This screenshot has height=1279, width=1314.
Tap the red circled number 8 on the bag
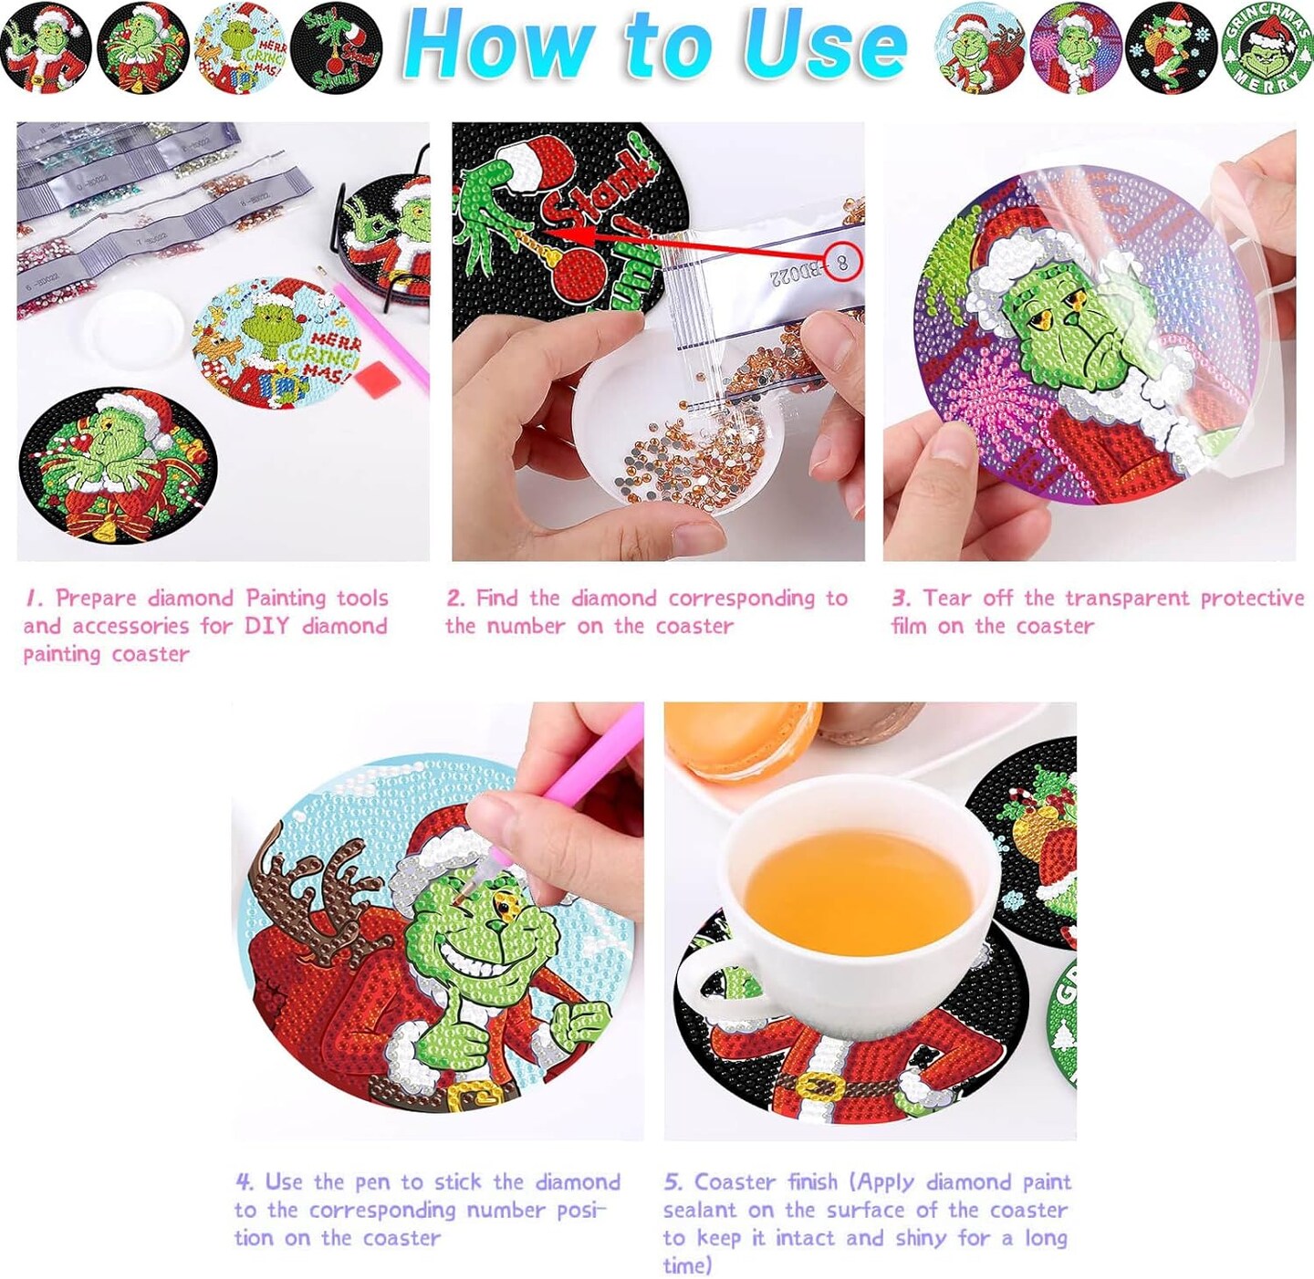point(842,263)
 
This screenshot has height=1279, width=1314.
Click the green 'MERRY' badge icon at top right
point(1266,48)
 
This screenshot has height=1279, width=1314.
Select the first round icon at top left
point(46,48)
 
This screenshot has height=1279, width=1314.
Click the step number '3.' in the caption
point(901,598)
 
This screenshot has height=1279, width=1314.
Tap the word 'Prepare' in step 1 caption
point(96,598)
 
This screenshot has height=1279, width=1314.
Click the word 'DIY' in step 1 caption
point(267,626)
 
